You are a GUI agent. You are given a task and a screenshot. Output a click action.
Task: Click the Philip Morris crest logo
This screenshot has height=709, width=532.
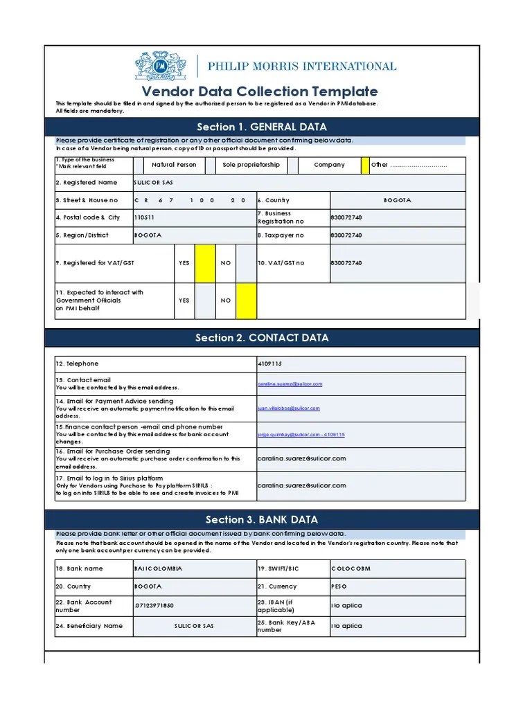[x=161, y=66]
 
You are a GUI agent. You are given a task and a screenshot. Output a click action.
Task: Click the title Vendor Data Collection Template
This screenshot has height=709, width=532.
[x=260, y=91]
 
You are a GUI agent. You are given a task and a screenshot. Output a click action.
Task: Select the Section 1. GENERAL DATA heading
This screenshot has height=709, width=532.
[x=262, y=127]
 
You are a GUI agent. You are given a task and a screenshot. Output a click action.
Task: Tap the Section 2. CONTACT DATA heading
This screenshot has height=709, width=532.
[x=262, y=338]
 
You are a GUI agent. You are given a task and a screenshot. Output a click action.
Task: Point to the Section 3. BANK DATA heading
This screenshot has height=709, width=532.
[x=262, y=520]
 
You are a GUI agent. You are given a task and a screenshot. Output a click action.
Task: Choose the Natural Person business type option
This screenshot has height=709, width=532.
[x=174, y=165]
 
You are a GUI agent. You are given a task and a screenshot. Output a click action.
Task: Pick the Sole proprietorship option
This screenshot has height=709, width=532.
[x=251, y=165]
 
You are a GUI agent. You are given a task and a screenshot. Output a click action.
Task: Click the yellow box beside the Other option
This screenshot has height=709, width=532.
[x=365, y=165]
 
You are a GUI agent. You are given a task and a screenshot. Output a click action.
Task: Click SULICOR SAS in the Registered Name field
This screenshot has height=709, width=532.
[x=154, y=183]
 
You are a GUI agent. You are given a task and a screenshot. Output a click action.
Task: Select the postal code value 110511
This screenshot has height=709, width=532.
[x=146, y=217]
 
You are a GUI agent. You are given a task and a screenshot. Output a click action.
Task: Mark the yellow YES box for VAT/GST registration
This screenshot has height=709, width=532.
[x=205, y=263]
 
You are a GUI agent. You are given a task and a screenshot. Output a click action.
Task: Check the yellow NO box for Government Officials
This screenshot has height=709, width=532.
[x=246, y=301]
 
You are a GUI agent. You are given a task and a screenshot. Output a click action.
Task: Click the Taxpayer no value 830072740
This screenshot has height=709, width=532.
[x=346, y=235]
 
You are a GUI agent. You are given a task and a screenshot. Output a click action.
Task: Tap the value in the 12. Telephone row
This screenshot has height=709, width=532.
[x=270, y=364]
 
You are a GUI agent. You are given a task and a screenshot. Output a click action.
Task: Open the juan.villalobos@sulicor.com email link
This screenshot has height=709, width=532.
[x=289, y=409]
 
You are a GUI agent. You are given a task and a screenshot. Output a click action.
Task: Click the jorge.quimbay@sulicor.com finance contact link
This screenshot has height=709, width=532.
[x=301, y=435]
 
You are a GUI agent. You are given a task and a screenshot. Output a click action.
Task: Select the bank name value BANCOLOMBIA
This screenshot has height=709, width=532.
[x=158, y=568]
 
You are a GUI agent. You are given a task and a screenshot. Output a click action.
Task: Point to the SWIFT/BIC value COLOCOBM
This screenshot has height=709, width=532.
[x=351, y=568]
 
